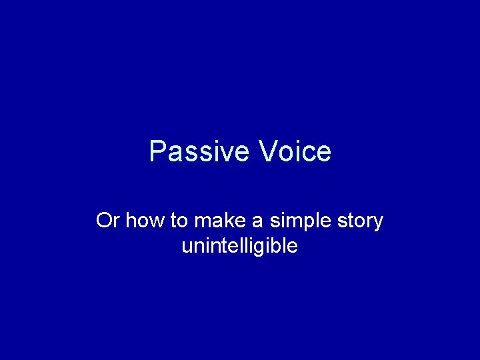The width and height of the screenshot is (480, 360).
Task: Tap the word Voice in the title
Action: coord(295,152)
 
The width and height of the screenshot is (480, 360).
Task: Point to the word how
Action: coord(140,221)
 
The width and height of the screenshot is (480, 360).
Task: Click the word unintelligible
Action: coord(239,246)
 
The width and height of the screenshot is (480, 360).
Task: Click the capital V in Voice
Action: coord(267,152)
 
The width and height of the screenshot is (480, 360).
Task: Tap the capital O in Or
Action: coord(104,221)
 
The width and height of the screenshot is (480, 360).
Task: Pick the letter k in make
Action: coord(217,221)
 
